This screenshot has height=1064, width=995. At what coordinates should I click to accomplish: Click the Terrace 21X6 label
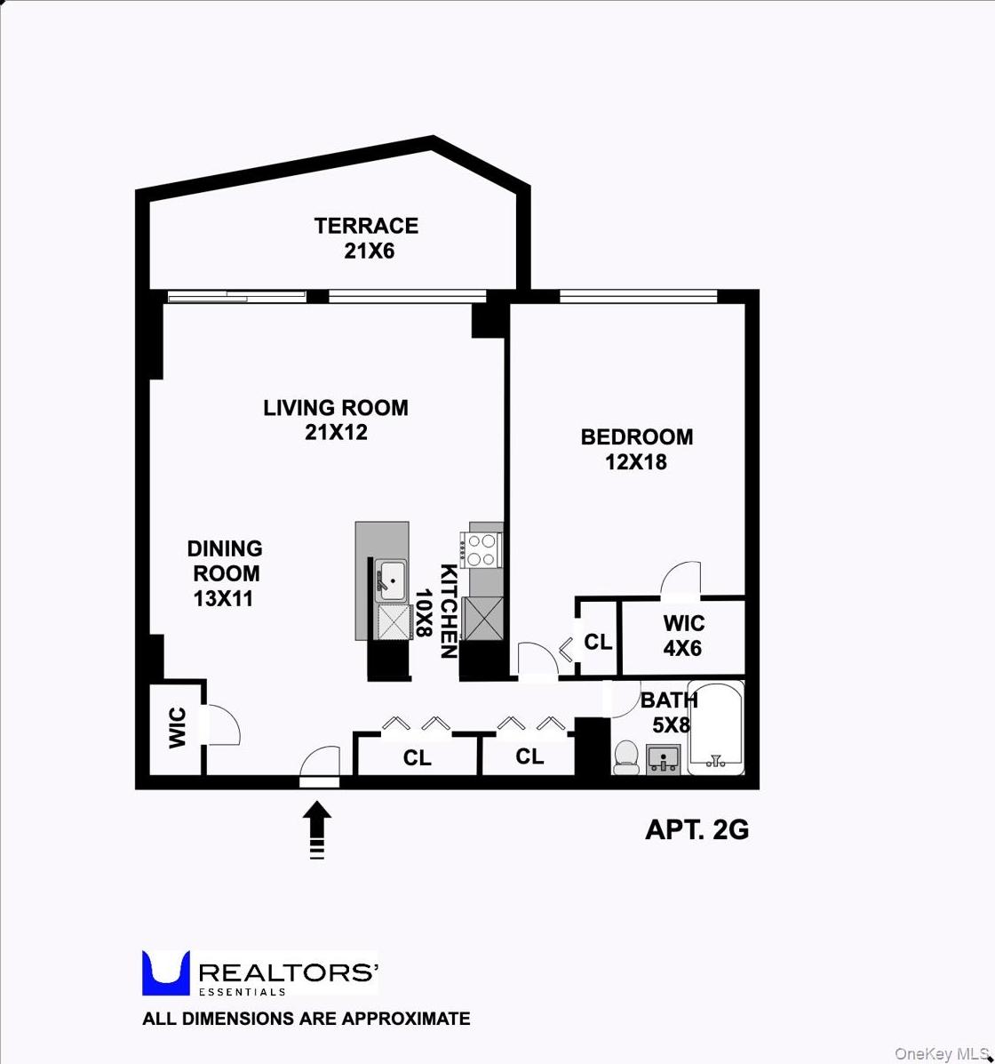pos(366,238)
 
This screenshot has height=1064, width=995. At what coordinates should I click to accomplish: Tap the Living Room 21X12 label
pos(336,420)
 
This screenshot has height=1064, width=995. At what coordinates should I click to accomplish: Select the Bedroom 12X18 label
pos(636,449)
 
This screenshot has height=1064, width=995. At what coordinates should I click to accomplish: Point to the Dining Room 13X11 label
pos(224,573)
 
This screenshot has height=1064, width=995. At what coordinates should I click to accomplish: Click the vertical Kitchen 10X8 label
pos(435,612)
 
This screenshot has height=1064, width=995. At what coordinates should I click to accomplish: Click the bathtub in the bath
pos(716,728)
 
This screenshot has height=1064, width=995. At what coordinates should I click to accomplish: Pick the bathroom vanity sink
pos(663,760)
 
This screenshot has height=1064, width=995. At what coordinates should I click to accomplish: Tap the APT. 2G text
pos(696,829)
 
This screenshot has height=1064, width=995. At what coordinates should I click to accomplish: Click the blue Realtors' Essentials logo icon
pos(166,972)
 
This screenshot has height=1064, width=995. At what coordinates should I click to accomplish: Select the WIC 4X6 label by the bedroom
pos(682,636)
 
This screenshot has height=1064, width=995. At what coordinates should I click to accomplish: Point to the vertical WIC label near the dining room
pos(177,727)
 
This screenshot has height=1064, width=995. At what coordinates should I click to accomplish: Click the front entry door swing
pos(321,764)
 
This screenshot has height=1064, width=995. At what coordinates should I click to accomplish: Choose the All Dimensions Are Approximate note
pos(306,1019)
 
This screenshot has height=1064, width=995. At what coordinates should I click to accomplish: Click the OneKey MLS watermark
pos(941,1053)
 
